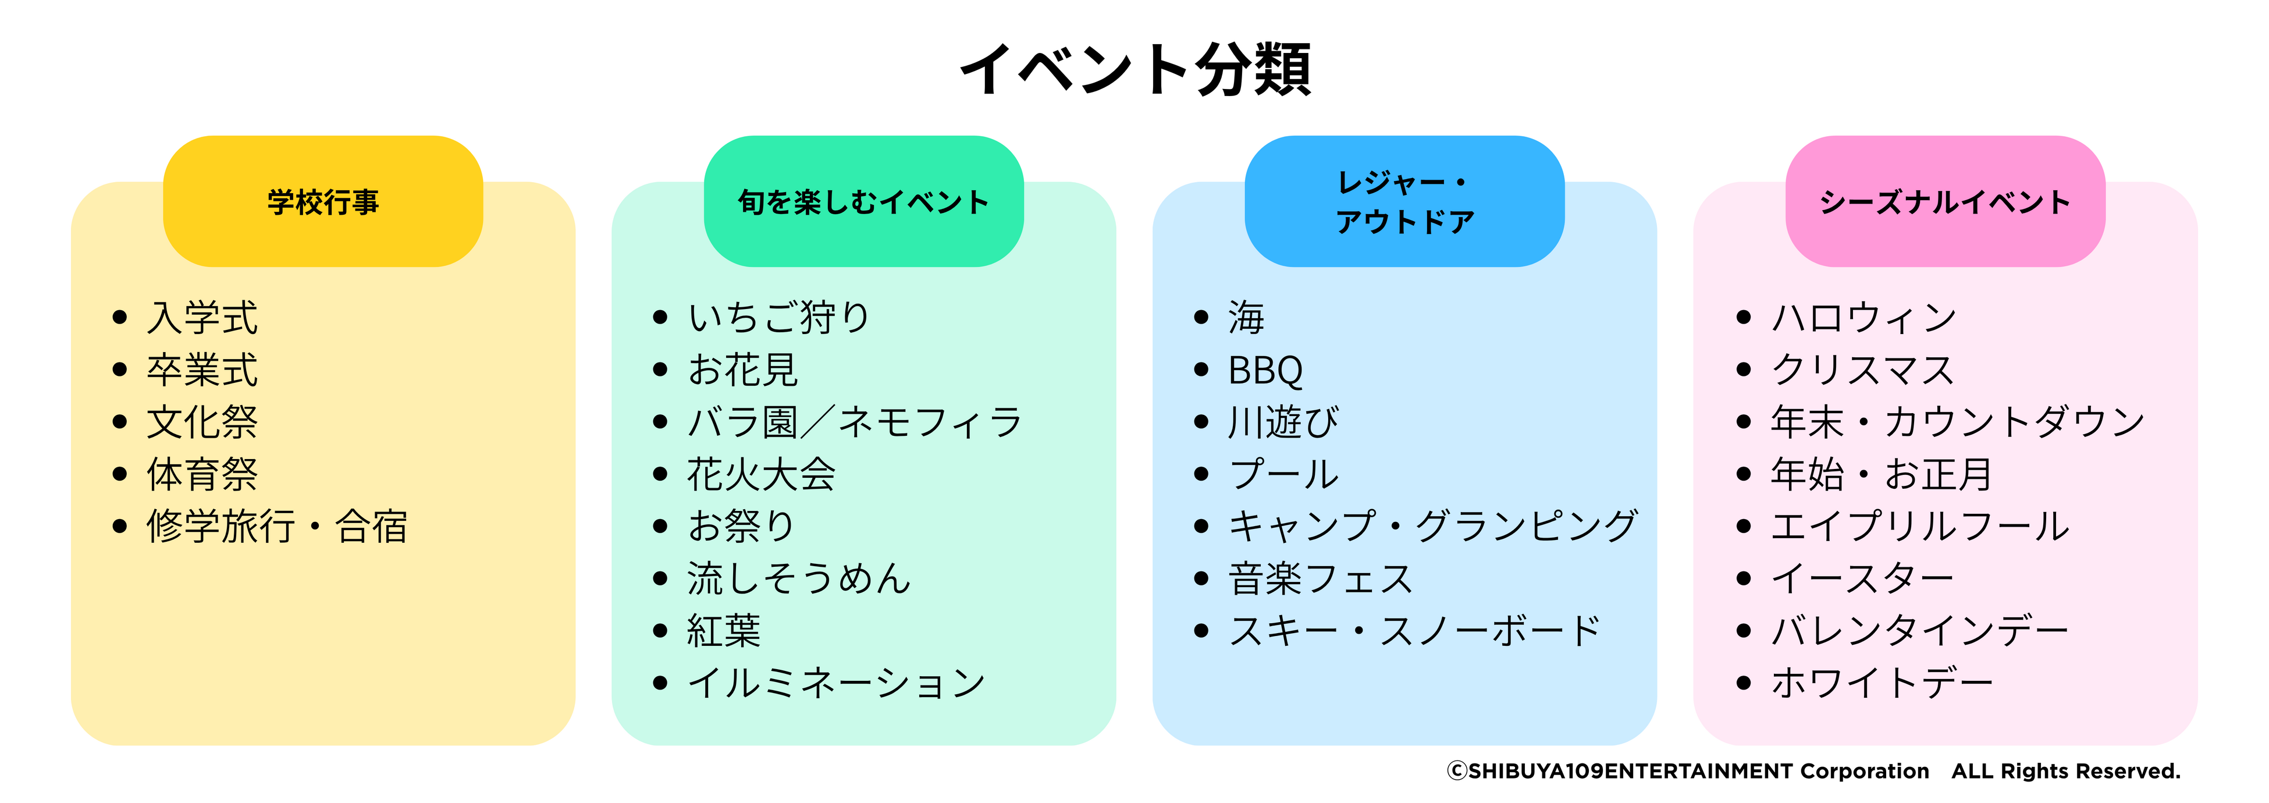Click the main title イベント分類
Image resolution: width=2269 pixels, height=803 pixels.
click(1134, 69)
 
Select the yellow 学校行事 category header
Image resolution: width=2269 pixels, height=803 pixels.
click(323, 202)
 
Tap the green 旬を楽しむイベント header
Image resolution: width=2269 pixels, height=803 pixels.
click(863, 202)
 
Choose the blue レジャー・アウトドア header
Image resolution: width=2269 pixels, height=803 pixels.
click(1404, 202)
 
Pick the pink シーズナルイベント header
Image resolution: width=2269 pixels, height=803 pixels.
click(1945, 202)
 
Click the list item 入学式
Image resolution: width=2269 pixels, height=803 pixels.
click(202, 318)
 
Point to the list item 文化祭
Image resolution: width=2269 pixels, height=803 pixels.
click(202, 422)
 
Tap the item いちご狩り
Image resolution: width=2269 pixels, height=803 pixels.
click(778, 318)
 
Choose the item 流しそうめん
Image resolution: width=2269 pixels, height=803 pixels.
click(799, 578)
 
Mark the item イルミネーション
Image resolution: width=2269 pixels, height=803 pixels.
click(836, 683)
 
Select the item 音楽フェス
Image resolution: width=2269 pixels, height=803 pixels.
click(1320, 578)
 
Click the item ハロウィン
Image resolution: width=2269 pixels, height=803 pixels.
click(1864, 318)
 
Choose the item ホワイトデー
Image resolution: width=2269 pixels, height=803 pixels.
click(1882, 683)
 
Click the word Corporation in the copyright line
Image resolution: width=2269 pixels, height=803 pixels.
click(1865, 772)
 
